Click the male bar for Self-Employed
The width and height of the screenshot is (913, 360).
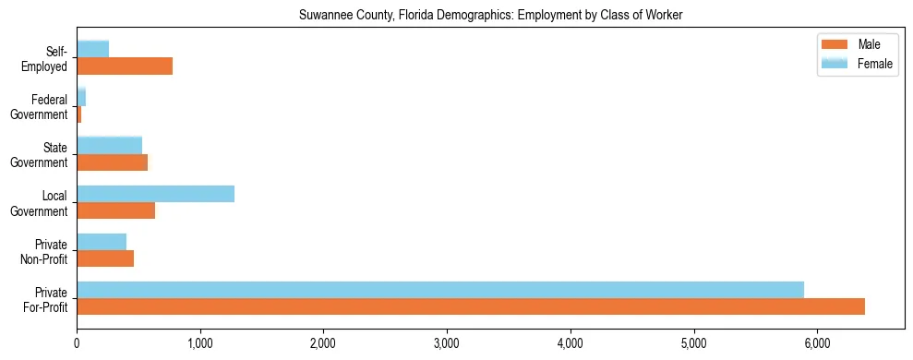125,66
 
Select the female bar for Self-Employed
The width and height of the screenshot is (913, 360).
92,49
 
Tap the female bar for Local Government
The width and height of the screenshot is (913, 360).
155,193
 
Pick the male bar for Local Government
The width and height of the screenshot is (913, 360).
115,210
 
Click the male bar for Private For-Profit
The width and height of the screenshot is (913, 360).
471,306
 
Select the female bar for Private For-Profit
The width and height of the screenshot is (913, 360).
440,289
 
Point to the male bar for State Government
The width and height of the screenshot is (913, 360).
112,162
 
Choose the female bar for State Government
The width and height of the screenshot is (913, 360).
109,145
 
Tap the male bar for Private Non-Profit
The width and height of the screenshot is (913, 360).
105,258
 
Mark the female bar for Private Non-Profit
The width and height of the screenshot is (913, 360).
102,241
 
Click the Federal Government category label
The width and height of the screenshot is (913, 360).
39,107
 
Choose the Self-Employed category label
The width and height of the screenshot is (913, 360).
43,59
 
